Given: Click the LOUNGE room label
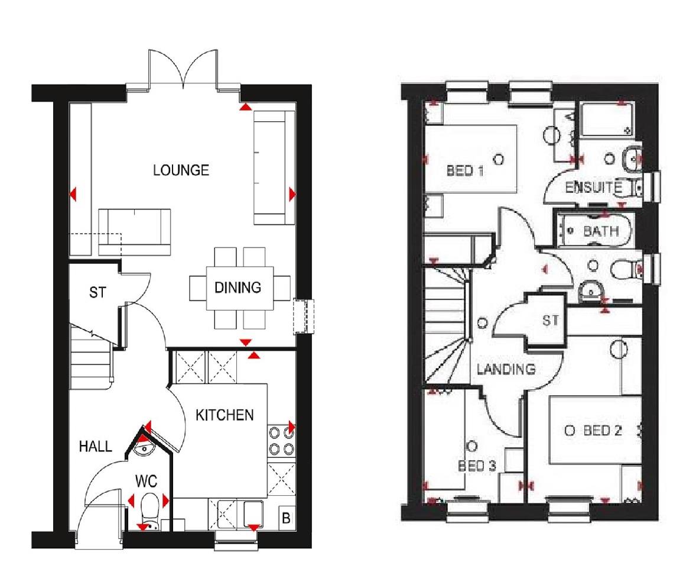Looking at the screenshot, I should [x=181, y=170].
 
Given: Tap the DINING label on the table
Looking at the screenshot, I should [x=238, y=288].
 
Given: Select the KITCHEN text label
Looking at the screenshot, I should [x=225, y=415].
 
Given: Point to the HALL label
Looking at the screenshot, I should [x=95, y=447].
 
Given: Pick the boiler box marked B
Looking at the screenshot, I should [x=286, y=519].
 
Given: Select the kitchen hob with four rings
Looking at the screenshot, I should [x=282, y=441].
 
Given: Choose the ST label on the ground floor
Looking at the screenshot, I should [x=97, y=292].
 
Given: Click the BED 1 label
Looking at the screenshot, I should [x=465, y=172].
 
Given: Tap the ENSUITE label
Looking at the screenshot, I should [x=593, y=188].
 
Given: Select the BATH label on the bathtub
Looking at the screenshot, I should [x=601, y=231].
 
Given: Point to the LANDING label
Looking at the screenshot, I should [x=506, y=369].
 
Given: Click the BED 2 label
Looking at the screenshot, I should [x=602, y=431].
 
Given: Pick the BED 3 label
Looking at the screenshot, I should [x=477, y=466].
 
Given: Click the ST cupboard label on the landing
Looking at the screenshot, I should [x=550, y=321].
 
